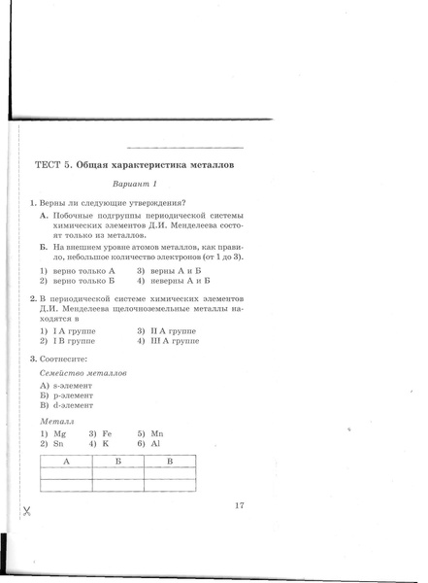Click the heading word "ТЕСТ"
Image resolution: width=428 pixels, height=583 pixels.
(x=49, y=165)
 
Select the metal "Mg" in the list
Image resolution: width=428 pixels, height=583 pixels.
(x=57, y=432)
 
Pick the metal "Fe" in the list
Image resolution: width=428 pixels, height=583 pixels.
(x=104, y=432)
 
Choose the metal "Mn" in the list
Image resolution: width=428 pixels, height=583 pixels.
(x=152, y=432)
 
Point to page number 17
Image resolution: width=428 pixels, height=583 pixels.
(x=240, y=504)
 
